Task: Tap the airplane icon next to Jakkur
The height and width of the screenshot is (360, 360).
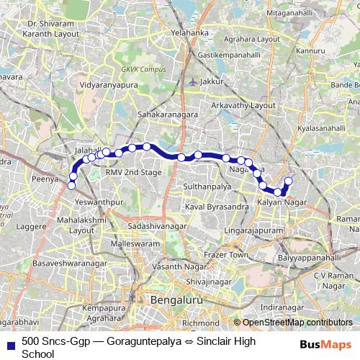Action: [x=192, y=81]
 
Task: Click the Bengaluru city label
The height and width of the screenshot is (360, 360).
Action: [x=178, y=299]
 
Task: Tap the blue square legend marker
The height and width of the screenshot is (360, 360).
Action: [x=11, y=341]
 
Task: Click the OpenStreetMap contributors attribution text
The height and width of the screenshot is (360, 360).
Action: [x=297, y=323]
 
